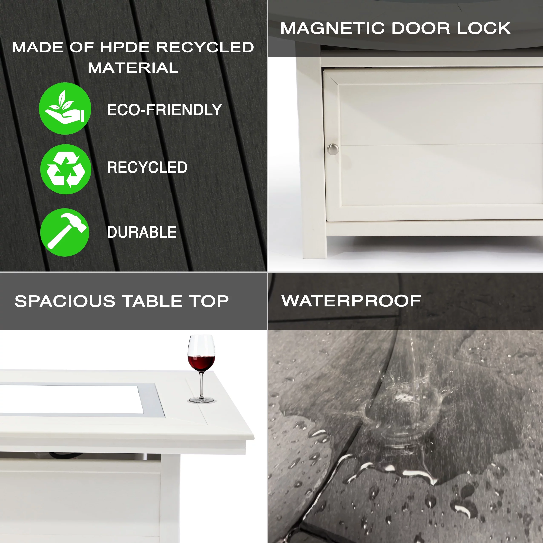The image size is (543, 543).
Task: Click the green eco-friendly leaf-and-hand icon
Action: point(65,108)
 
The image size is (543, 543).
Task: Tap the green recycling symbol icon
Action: point(66,169)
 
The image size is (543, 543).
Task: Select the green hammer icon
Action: point(65,233)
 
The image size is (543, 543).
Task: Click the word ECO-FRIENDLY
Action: point(164,110)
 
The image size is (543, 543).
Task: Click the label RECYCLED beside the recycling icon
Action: point(147,168)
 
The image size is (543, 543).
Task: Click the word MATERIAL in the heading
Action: point(133,68)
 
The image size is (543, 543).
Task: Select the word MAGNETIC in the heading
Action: point(332,28)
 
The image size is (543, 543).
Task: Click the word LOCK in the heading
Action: point(484,28)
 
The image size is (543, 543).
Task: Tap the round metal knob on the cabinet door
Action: point(333,149)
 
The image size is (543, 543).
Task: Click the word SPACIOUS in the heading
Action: point(65,301)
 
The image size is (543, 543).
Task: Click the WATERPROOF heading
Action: point(351,301)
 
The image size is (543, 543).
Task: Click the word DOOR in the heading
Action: point(421,28)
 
